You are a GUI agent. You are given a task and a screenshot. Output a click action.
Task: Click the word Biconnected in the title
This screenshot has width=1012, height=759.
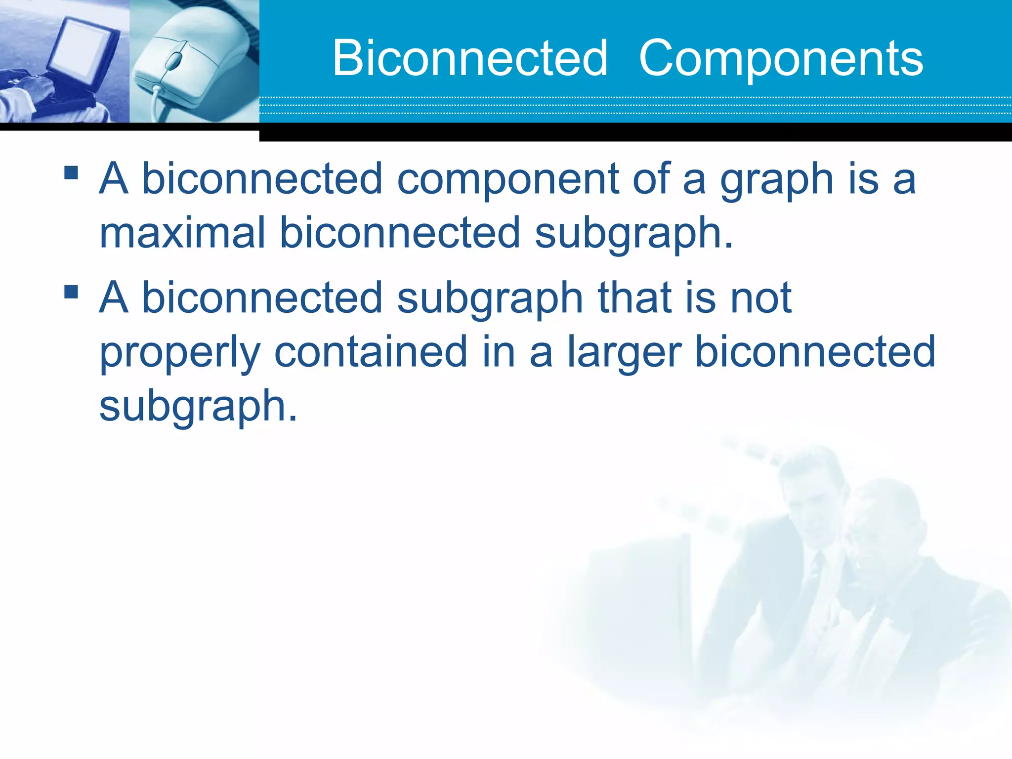469,58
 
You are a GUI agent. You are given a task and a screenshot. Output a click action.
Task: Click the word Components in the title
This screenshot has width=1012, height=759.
781,58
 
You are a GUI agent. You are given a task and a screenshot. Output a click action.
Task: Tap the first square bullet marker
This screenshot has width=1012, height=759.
71,172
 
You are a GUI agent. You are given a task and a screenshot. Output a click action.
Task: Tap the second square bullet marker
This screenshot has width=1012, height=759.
71,292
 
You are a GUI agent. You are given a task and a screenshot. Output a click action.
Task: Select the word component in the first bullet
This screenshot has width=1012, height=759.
508,179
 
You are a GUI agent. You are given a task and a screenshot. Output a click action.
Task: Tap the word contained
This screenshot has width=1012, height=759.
371,351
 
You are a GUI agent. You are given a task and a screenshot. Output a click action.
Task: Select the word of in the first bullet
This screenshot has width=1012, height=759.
650,179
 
